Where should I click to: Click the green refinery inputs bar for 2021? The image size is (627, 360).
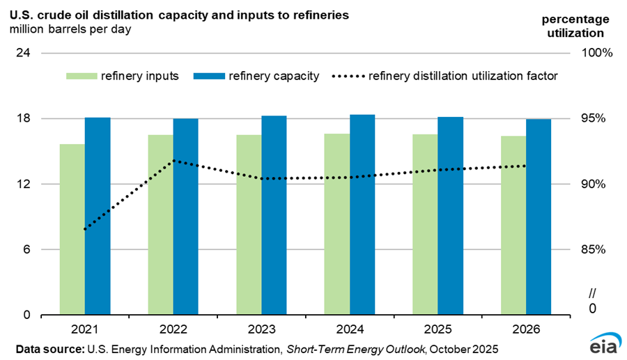pyautogui.click(x=72, y=230)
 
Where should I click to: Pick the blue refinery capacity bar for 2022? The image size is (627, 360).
pyautogui.click(x=186, y=217)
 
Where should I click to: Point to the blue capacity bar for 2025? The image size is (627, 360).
pyautogui.click(x=451, y=216)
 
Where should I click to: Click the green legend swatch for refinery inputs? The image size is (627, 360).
pyautogui.click(x=82, y=76)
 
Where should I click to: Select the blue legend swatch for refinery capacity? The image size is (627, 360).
pyautogui.click(x=208, y=76)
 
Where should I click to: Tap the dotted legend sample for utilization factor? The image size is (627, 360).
pyautogui.click(x=348, y=76)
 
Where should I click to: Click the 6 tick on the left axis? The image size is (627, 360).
pyautogui.click(x=26, y=249)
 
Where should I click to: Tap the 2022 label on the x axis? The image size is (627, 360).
pyautogui.click(x=173, y=327)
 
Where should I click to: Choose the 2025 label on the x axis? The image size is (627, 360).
pyautogui.click(x=438, y=327)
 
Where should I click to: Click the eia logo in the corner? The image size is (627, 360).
pyautogui.click(x=601, y=345)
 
